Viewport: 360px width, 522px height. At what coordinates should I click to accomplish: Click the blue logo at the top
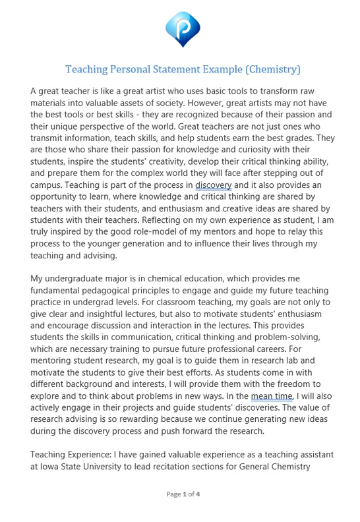[x=183, y=28]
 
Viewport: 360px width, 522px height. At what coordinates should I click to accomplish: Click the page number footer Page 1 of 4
[x=183, y=494]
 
